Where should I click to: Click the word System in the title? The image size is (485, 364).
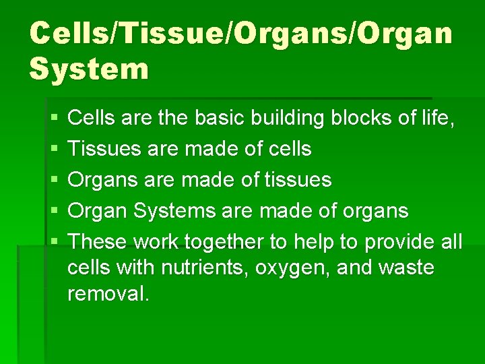(89, 68)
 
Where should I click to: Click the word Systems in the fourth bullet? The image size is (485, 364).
(172, 212)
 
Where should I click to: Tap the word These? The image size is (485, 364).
(98, 242)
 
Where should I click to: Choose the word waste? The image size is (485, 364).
(406, 268)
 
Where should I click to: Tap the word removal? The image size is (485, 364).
(108, 294)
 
